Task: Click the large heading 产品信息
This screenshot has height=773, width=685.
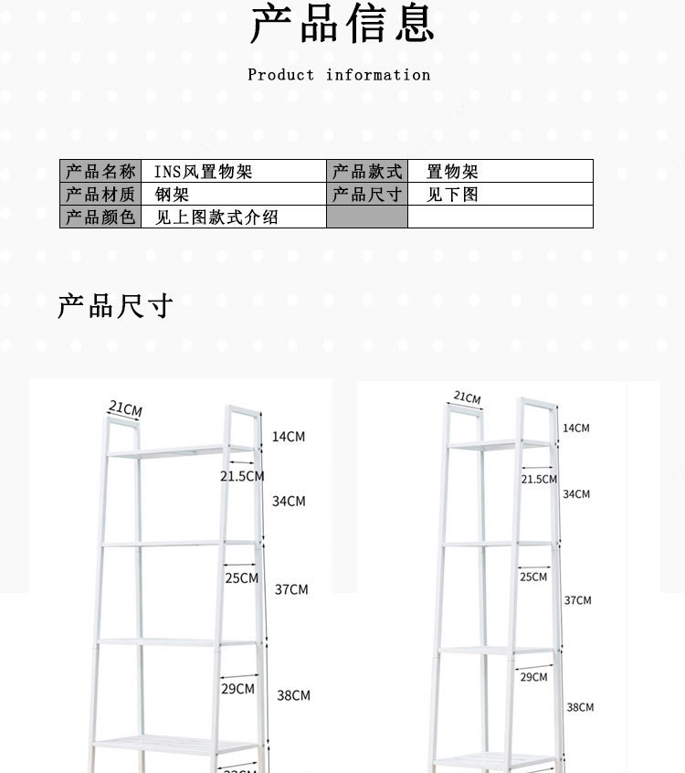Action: pyautogui.click(x=342, y=25)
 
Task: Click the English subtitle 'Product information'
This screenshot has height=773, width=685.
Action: pyautogui.click(x=339, y=75)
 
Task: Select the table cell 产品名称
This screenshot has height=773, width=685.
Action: pyautogui.click(x=100, y=172)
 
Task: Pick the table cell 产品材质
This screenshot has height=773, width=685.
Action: pyautogui.click(x=100, y=195)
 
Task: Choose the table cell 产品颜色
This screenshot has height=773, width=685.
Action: pyautogui.click(x=100, y=217)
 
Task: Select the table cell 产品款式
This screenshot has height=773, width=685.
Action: pyautogui.click(x=367, y=172)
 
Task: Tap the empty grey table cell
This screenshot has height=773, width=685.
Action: pyautogui.click(x=367, y=217)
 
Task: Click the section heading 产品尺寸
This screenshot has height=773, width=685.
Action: pyautogui.click(x=115, y=306)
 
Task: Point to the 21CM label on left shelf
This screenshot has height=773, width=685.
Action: pyautogui.click(x=125, y=408)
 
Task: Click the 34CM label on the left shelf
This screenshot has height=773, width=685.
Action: pyautogui.click(x=289, y=502)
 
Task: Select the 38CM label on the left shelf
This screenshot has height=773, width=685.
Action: pyautogui.click(x=293, y=696)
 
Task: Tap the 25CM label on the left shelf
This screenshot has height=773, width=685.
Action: pyautogui.click(x=242, y=578)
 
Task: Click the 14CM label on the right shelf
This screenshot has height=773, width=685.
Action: pyautogui.click(x=575, y=429)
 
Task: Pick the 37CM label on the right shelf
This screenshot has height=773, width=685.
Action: pyautogui.click(x=577, y=600)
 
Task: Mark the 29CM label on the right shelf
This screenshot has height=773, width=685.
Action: pyautogui.click(x=533, y=677)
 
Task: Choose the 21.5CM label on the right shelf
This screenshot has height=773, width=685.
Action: pyautogui.click(x=539, y=479)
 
